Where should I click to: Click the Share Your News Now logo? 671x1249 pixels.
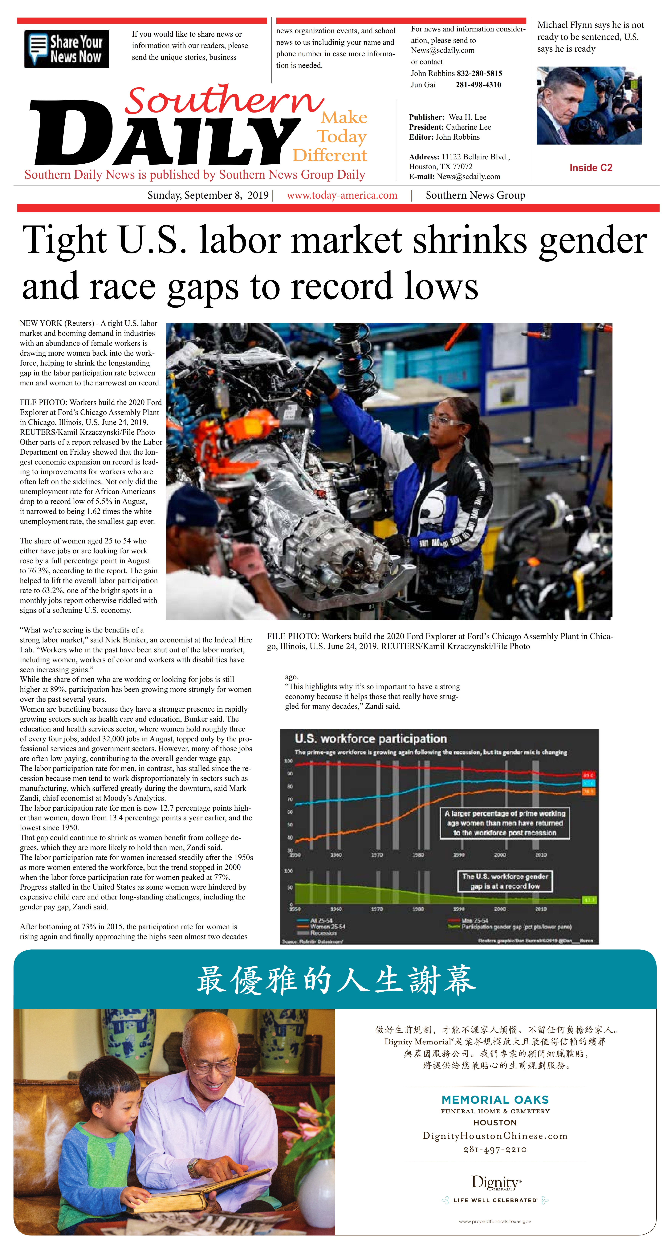click(x=66, y=49)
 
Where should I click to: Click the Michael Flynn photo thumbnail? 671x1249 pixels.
click(x=589, y=105)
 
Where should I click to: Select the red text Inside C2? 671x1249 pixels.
click(x=591, y=168)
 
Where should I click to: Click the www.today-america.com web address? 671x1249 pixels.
click(x=342, y=195)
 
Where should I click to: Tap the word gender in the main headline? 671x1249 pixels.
click(x=592, y=241)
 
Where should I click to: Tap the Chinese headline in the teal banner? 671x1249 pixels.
click(x=336, y=980)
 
